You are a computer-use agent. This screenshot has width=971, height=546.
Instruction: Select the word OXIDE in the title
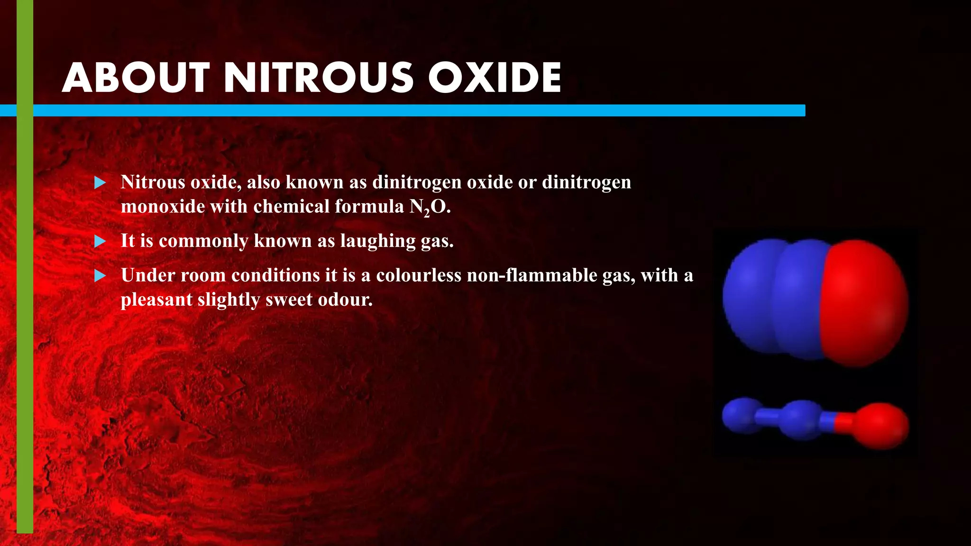(495, 78)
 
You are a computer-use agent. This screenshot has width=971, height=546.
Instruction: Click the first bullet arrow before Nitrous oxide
(100, 183)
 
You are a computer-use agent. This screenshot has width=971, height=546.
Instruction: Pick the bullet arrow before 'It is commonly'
(100, 242)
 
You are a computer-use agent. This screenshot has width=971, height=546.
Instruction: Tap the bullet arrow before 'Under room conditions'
(100, 276)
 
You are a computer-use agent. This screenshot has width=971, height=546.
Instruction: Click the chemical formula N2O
(430, 207)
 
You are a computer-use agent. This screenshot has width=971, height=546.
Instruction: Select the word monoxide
(163, 207)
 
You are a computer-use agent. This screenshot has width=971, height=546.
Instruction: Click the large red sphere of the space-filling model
(866, 303)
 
